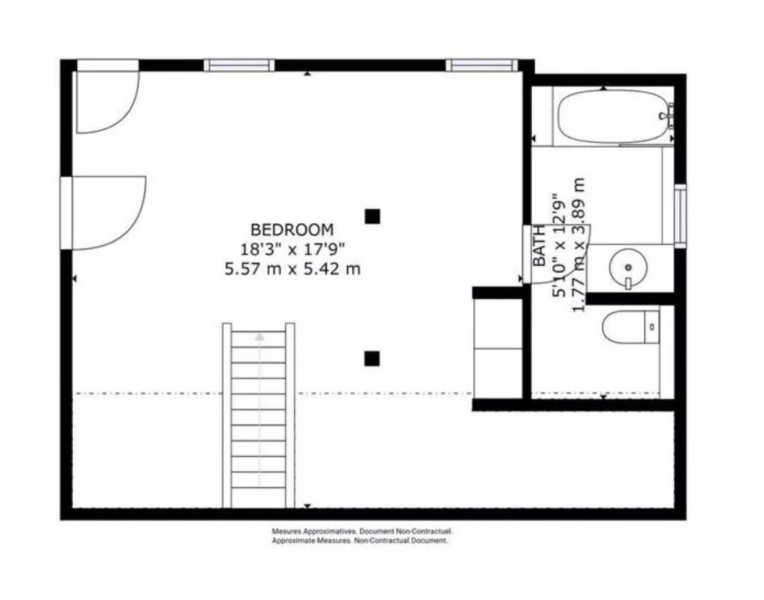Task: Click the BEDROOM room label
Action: [292, 230]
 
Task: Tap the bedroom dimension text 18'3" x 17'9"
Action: [292, 249]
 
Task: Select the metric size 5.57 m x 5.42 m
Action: [292, 268]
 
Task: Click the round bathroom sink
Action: [628, 267]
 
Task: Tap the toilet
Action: [630, 327]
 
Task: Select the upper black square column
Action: [372, 216]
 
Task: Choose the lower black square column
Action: [372, 359]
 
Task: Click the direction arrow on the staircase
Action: [259, 336]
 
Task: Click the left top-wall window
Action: [239, 65]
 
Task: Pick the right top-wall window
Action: [481, 65]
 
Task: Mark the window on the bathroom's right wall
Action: [680, 214]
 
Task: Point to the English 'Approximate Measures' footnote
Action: [359, 540]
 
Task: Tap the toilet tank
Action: [652, 327]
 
